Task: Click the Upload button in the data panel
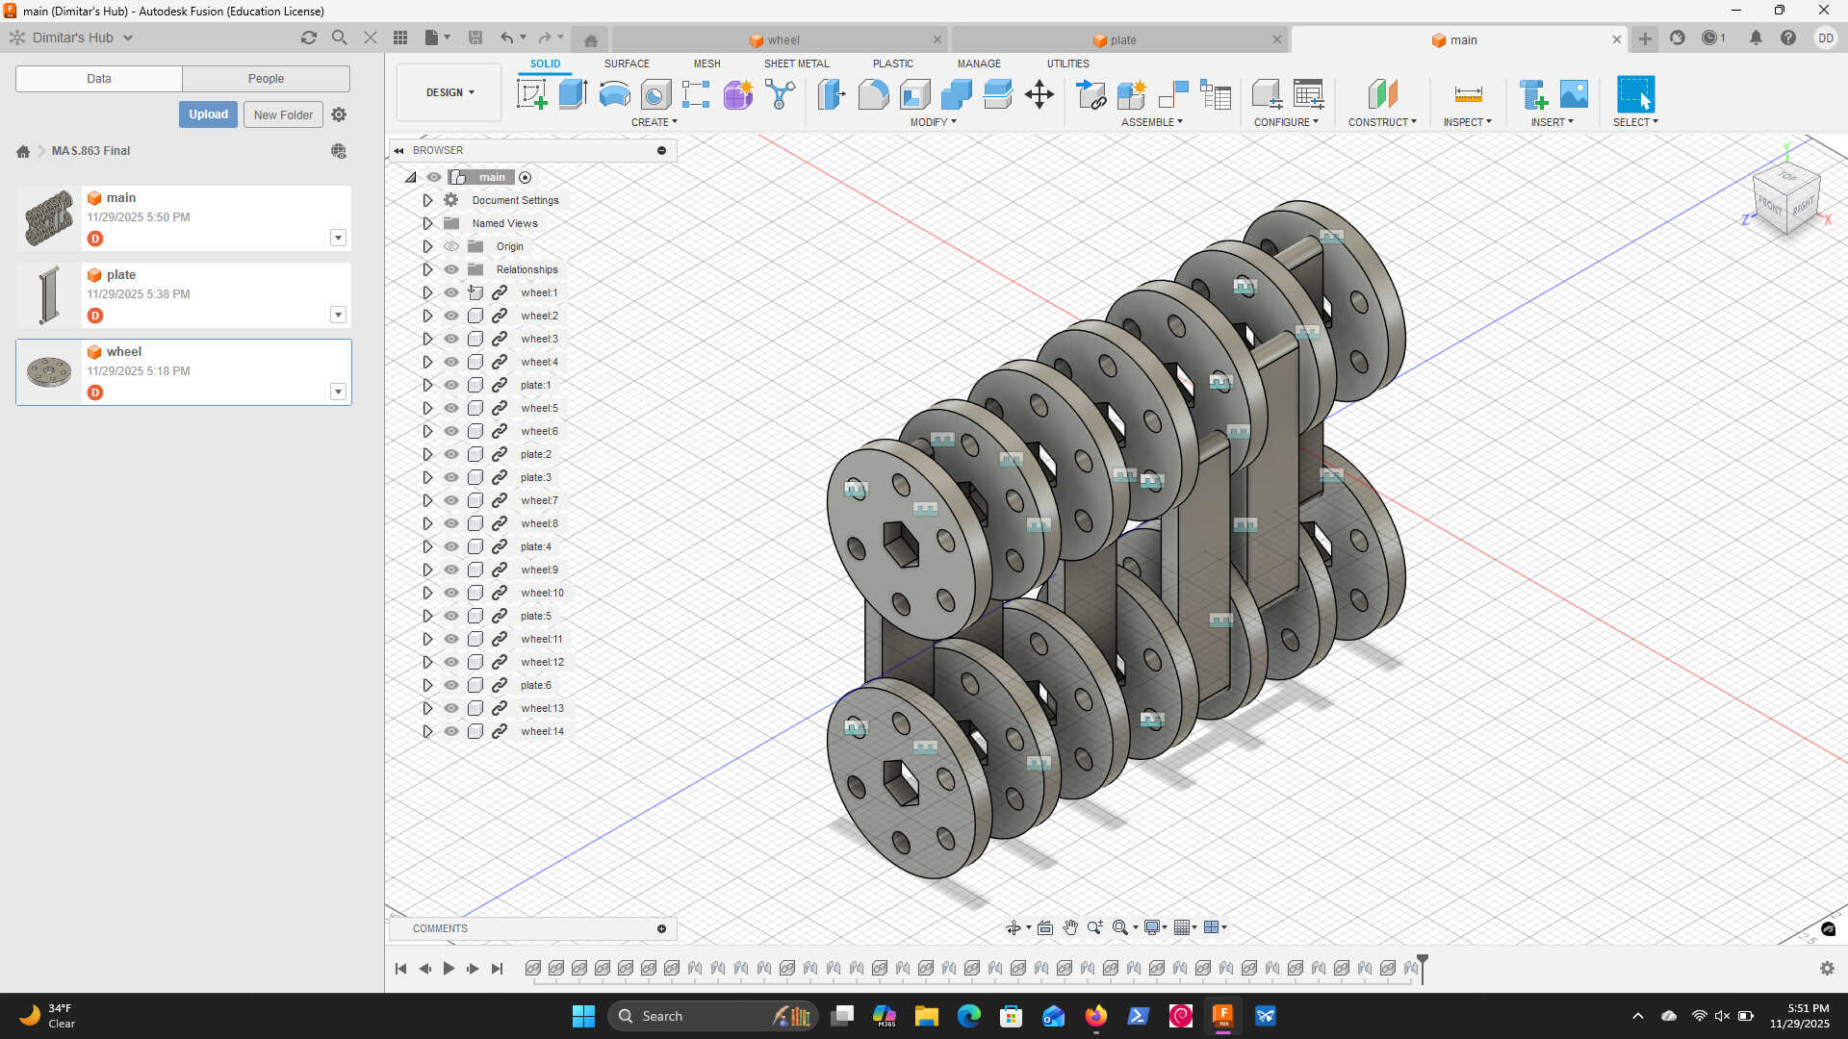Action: (208, 114)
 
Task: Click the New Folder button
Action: (283, 114)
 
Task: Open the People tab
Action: (266, 79)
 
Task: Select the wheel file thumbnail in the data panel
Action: (49, 371)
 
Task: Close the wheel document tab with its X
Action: (937, 40)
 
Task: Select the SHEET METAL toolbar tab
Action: (796, 63)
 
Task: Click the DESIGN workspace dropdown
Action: (449, 92)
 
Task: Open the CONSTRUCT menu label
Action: (1381, 122)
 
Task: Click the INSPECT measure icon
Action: (1468, 94)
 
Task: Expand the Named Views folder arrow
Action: (428, 223)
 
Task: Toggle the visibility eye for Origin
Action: (451, 246)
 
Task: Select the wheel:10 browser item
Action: (543, 593)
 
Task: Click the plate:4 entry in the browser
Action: (536, 546)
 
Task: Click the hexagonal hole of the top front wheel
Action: (901, 545)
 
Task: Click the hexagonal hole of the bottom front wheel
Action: (901, 781)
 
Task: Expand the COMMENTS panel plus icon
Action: (661, 928)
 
